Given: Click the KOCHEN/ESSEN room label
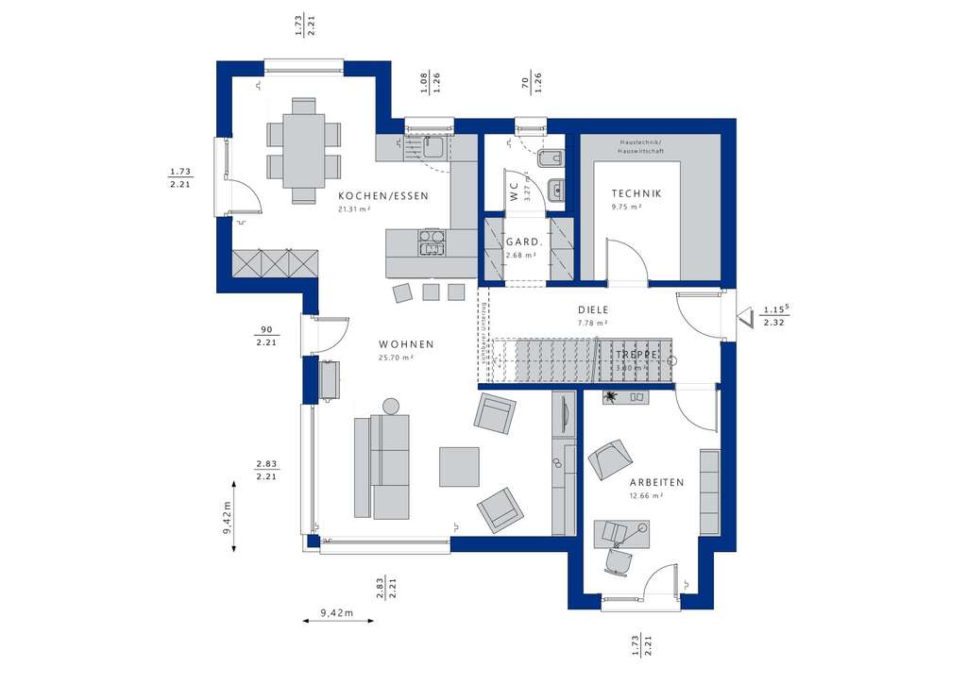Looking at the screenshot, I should [383, 196].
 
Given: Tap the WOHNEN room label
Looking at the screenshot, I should [407, 344].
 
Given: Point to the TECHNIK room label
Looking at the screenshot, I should [636, 193].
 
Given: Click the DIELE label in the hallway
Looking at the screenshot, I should [594, 309].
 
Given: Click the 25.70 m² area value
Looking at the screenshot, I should [396, 358].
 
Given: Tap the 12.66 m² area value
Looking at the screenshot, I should [646, 495].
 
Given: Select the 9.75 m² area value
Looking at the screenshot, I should [626, 207].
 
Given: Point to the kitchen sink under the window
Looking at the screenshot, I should [433, 147].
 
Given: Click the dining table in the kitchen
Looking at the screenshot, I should [304, 150].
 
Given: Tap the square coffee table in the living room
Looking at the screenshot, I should [459, 466].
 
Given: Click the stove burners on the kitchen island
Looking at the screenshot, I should [432, 242].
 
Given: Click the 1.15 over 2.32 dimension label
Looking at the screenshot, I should [775, 315].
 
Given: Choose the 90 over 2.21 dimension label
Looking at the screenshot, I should [265, 336].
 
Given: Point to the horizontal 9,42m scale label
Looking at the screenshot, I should [336, 612].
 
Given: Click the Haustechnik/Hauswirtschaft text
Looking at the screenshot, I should [641, 146].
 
